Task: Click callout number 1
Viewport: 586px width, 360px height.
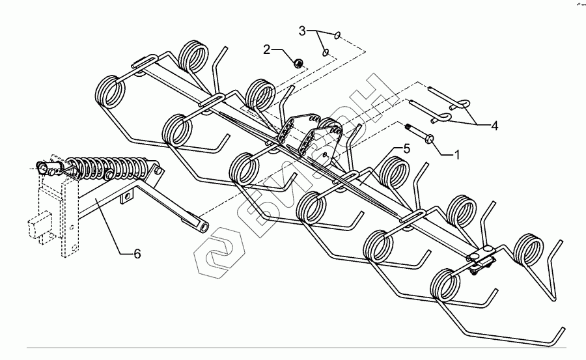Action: [457, 155]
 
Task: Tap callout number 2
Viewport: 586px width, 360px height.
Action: [266, 49]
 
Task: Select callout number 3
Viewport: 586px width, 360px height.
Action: [302, 31]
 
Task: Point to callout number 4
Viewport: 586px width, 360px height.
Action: [495, 126]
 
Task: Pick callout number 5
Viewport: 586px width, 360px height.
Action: [406, 148]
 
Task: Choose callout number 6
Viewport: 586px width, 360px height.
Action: [137, 255]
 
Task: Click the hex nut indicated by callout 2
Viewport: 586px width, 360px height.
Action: [296, 62]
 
